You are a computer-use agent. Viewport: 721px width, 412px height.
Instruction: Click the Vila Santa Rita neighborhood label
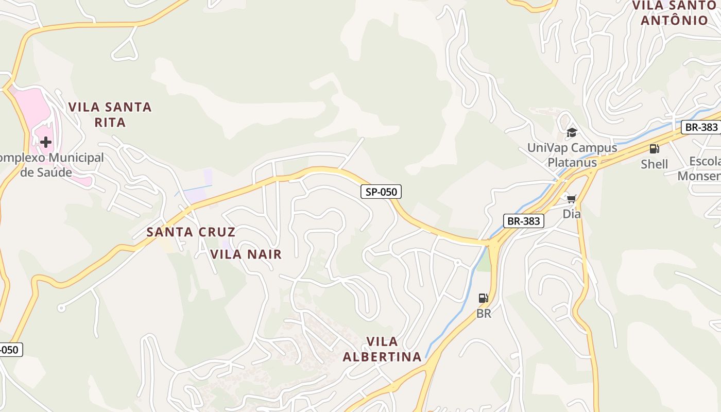point(110,114)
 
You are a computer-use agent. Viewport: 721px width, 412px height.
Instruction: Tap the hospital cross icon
point(46,142)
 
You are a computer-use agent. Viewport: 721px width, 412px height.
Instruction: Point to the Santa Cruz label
point(191,232)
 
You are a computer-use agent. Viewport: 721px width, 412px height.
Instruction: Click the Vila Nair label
point(246,254)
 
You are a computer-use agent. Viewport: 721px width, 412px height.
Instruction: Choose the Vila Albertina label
point(382,349)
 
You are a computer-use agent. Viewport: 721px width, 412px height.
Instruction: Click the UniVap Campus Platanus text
point(572,155)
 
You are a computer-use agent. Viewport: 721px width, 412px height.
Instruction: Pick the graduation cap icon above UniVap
point(572,133)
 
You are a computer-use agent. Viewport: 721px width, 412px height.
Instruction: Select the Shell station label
point(654,164)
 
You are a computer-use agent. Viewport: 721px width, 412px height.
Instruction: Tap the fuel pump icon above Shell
point(654,149)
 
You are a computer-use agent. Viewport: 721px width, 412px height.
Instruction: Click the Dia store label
point(572,214)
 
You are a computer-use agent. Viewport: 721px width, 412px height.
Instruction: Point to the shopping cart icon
point(572,198)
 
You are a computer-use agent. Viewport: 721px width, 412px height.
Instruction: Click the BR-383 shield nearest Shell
point(700,127)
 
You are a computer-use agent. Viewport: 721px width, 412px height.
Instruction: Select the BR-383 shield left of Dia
point(523,221)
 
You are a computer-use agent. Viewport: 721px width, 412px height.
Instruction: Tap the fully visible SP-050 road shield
point(381,192)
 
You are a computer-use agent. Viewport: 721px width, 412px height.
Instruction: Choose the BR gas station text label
point(484,313)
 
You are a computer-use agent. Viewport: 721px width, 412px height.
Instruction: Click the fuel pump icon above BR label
point(483,298)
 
